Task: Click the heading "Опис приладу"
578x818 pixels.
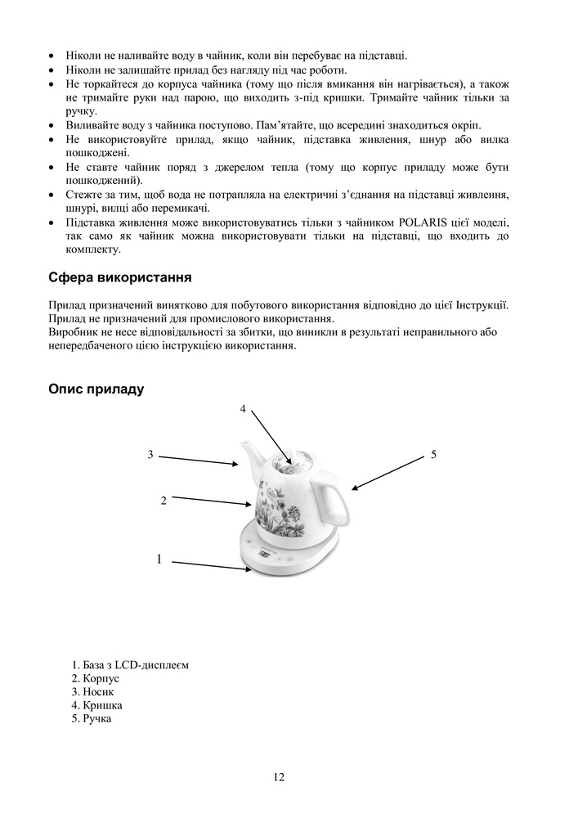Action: coord(96,389)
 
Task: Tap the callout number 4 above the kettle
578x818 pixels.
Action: coord(243,408)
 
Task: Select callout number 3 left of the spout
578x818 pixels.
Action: coord(150,454)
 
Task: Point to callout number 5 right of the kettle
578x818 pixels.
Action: coord(434,454)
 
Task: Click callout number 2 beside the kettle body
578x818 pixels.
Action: coord(164,500)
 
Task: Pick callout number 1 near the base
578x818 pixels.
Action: coord(159,560)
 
